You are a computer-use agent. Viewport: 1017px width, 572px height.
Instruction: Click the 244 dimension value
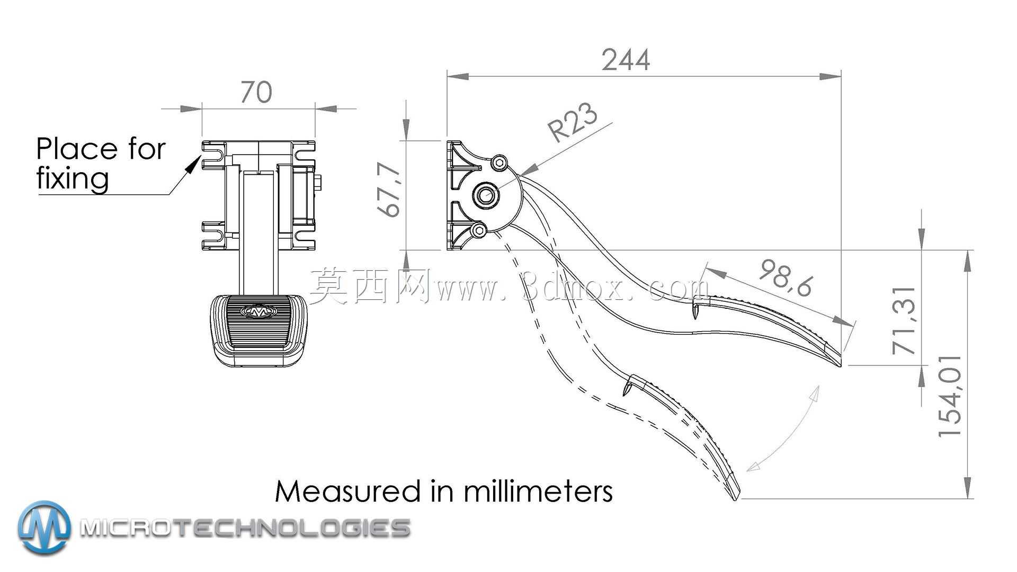(626, 60)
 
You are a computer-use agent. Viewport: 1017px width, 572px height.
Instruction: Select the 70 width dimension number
(256, 92)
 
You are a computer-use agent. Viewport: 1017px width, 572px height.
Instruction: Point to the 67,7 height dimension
(390, 190)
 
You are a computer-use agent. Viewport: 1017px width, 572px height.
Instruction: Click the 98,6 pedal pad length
(786, 278)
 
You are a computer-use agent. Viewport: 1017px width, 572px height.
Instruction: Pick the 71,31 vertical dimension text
(904, 320)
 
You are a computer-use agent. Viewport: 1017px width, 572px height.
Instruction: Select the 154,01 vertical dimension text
(950, 396)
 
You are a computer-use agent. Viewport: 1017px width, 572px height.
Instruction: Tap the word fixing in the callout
(73, 178)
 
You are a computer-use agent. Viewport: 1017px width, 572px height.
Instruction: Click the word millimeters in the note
(539, 491)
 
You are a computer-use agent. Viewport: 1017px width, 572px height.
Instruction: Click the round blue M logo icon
(44, 528)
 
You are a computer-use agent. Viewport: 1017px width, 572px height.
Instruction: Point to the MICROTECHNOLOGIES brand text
(245, 528)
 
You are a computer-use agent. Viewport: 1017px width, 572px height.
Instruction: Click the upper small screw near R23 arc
(499, 163)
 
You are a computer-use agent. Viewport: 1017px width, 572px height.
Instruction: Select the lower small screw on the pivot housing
(478, 230)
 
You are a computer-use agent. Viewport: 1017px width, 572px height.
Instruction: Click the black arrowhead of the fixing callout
(192, 166)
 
